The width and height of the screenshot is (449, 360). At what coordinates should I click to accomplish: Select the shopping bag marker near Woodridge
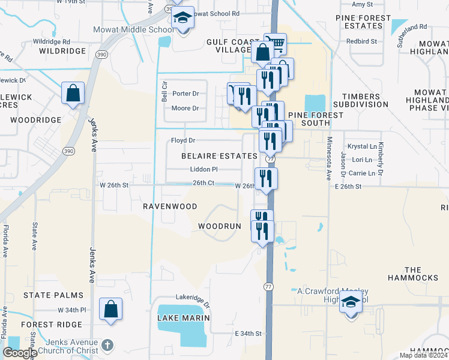[73, 93]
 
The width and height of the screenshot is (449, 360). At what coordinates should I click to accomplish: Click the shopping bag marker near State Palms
[110, 309]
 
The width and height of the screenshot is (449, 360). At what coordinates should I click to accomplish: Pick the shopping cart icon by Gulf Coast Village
[276, 43]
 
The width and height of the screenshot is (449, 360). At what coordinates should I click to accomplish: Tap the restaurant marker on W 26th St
[265, 178]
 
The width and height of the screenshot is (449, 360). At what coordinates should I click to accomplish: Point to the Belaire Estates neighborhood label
[219, 156]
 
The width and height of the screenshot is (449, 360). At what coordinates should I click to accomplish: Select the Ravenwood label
[170, 206]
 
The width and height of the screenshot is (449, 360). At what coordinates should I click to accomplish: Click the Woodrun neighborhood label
[220, 226]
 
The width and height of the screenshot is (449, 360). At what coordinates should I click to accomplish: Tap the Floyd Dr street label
[183, 140]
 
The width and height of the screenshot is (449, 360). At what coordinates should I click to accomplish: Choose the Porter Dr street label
[185, 94]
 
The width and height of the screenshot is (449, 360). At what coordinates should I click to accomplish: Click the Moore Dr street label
[185, 109]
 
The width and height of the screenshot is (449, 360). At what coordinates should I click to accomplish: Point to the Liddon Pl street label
[203, 170]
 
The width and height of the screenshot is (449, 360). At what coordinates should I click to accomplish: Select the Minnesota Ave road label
[329, 159]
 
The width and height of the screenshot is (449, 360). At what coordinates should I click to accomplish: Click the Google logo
[20, 352]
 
